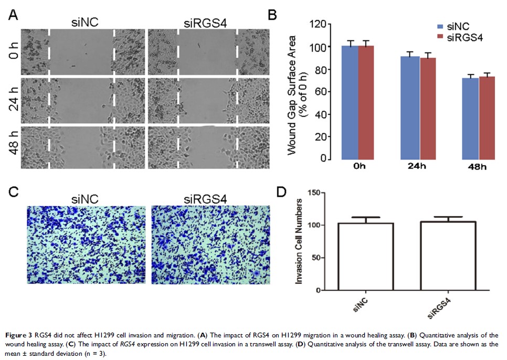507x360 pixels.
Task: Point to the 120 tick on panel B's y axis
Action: click(317, 24)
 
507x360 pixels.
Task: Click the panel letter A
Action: click(14, 16)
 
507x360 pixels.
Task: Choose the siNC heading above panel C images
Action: click(87, 198)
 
